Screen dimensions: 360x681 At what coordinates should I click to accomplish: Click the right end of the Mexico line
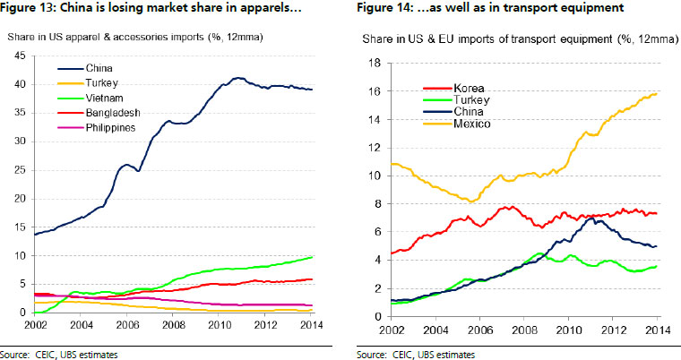656,93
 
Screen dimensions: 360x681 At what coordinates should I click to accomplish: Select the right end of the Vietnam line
312,257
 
